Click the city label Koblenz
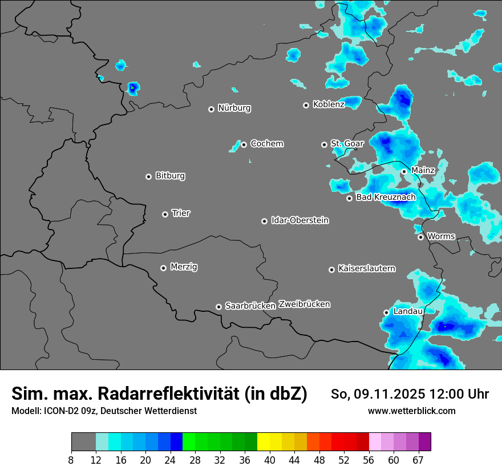pos(329,105)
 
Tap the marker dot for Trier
pos(165,214)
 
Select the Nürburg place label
pos(234,108)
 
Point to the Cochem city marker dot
pos(244,144)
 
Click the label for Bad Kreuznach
pos(386,198)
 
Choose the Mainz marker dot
pos(404,171)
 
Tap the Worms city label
pos(441,236)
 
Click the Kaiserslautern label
pos(366,268)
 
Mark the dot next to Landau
pos(386,312)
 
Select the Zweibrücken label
pos(304,304)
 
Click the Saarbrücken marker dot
pos(218,307)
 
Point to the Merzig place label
pos(184,267)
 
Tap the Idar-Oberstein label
pos(299,220)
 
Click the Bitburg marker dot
pos(148,176)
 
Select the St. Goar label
pos(347,144)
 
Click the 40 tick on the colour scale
pos(270,460)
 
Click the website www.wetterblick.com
pos(411,411)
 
